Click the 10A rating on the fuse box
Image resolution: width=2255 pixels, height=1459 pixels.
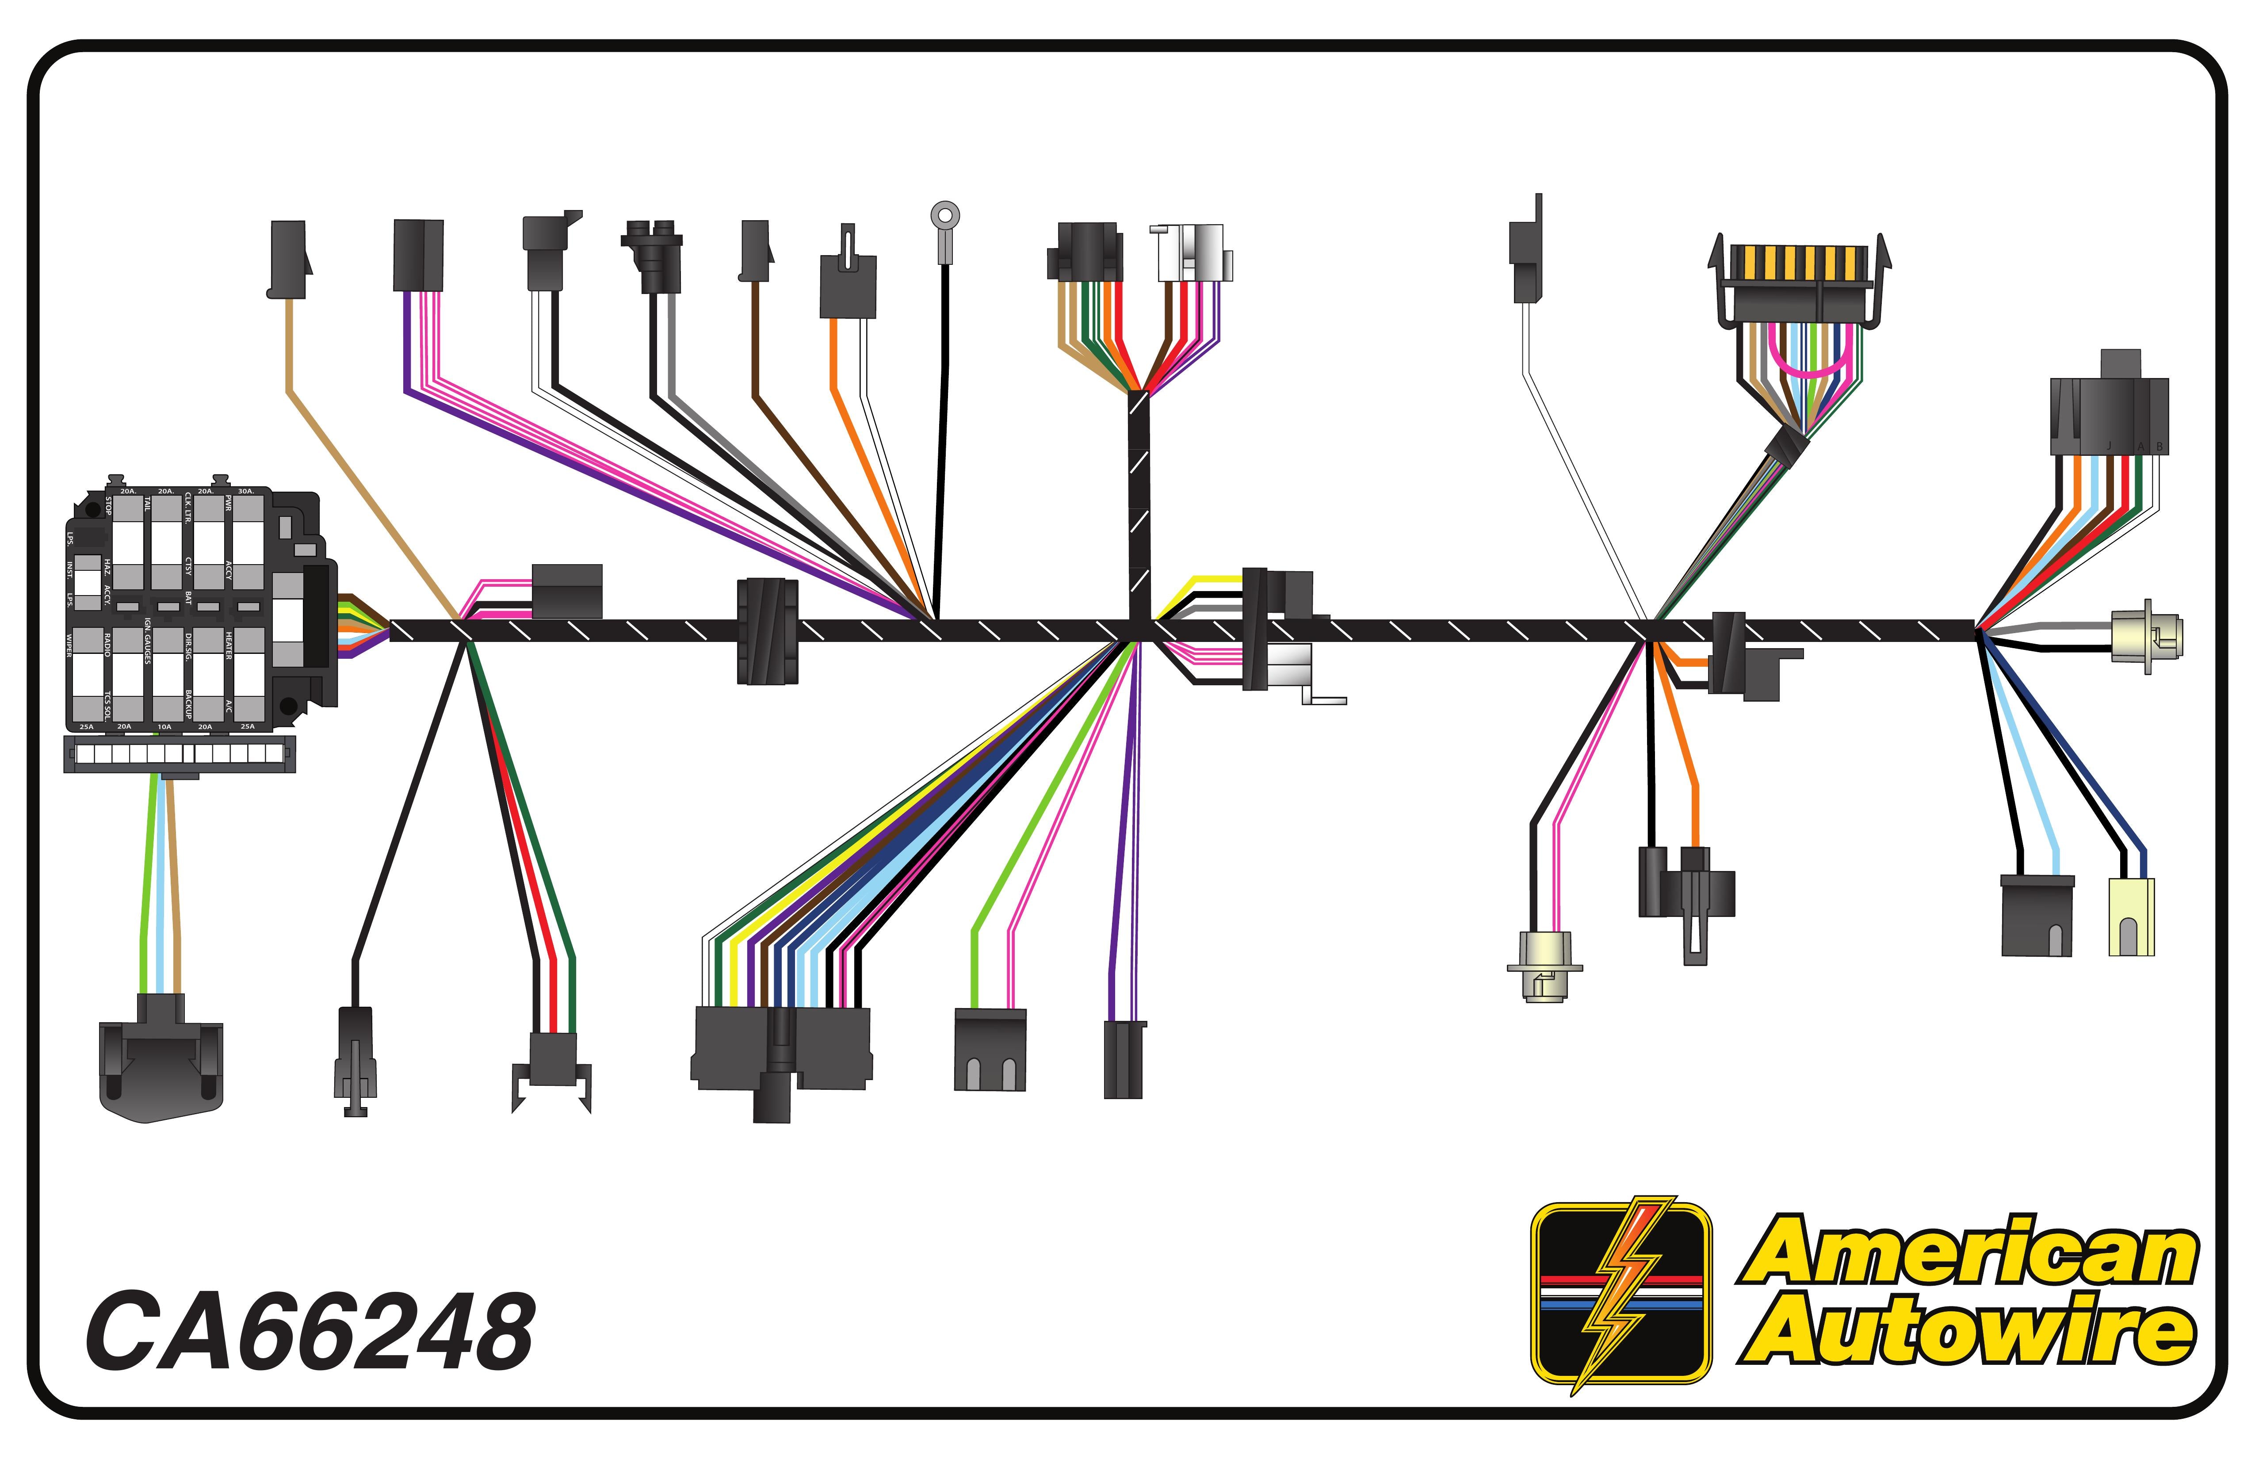pyautogui.click(x=165, y=727)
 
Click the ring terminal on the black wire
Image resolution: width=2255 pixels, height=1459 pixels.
pyautogui.click(x=944, y=216)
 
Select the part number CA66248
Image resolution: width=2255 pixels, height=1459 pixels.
pyautogui.click(x=310, y=1331)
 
